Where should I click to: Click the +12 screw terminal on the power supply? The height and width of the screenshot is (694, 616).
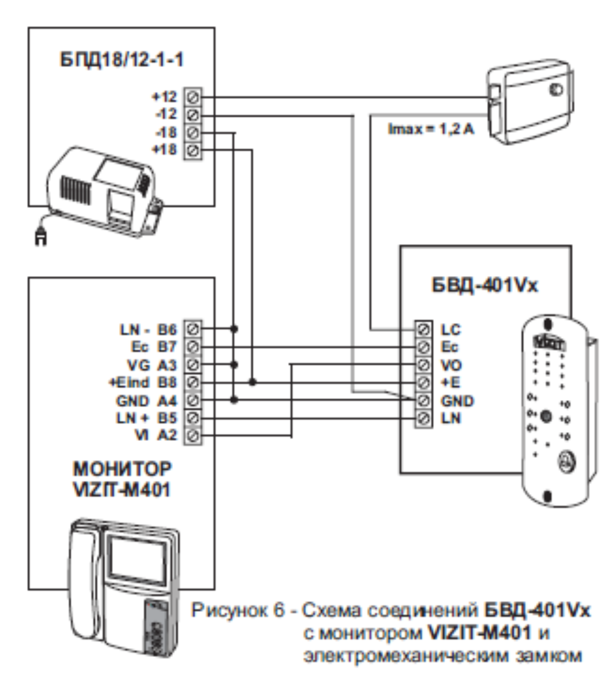pyautogui.click(x=193, y=97)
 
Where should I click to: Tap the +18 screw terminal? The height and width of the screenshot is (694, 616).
pyautogui.click(x=193, y=150)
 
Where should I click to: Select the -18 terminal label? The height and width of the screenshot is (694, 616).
pyautogui.click(x=166, y=133)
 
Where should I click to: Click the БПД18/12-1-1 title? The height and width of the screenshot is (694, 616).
pyautogui.click(x=122, y=60)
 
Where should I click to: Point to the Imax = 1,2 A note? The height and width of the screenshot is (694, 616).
pyautogui.click(x=431, y=129)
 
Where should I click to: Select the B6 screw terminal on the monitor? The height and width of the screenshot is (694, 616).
pyautogui.click(x=193, y=329)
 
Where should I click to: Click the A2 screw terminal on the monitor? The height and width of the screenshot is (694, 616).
pyautogui.click(x=193, y=436)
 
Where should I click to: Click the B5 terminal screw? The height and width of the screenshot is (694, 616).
pyautogui.click(x=193, y=418)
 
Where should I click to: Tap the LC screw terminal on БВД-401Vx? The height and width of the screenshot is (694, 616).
pyautogui.click(x=423, y=329)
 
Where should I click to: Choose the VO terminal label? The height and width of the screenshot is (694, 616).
pyautogui.click(x=451, y=365)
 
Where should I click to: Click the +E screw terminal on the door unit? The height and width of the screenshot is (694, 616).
pyautogui.click(x=423, y=382)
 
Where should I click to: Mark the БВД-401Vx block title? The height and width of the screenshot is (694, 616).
pyautogui.click(x=485, y=285)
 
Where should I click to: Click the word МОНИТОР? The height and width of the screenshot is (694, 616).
pyautogui.click(x=122, y=469)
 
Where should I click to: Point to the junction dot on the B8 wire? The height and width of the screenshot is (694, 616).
pyautogui.click(x=252, y=382)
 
